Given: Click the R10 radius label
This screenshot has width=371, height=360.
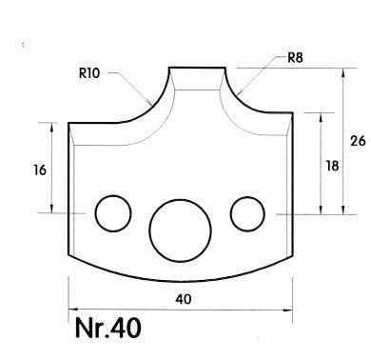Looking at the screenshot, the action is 89,73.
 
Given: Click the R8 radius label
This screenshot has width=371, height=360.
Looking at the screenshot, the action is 295,58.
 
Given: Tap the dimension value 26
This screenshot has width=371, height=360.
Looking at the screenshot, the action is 358,141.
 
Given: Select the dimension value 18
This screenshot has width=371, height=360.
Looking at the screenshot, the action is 332,166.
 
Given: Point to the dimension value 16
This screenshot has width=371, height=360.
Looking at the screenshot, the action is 40,170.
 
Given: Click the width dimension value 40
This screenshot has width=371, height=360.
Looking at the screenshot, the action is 184,299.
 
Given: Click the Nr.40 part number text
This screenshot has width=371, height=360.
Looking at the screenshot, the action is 108,328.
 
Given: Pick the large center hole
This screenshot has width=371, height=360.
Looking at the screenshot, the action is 181,230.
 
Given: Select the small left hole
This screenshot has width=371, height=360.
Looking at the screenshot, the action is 113,213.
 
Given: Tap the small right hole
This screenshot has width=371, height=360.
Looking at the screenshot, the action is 247,214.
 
